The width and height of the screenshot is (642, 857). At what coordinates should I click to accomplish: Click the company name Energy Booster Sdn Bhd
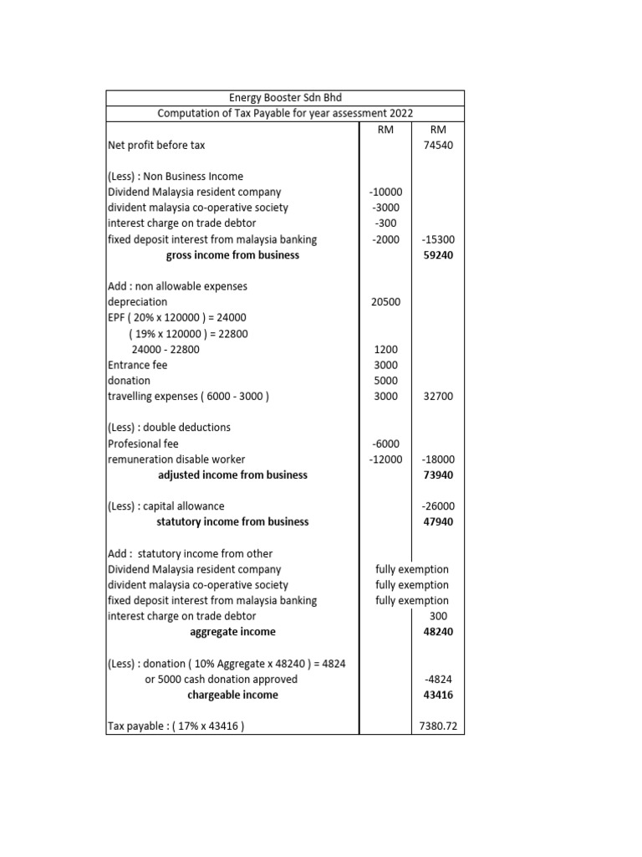pos(285,98)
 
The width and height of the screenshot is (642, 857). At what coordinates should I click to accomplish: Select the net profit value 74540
pos(438,145)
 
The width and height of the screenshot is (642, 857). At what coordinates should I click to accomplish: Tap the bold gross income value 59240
pos(438,255)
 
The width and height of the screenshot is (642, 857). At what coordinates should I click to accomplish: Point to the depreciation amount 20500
pos(385,301)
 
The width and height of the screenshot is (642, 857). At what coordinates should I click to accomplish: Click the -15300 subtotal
pos(438,239)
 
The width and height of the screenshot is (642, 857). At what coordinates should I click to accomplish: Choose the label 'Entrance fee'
pos(138,365)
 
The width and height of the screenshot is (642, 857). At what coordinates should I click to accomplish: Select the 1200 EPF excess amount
pos(385,349)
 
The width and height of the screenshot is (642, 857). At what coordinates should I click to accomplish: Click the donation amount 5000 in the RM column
pos(385,380)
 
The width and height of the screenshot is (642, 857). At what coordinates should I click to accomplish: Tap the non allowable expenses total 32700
pos(438,396)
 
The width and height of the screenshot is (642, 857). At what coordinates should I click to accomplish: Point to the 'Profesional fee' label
pos(143,444)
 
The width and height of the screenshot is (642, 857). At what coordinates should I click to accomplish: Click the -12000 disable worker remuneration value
pos(385,459)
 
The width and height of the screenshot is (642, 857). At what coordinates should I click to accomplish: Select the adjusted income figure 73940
pos(438,475)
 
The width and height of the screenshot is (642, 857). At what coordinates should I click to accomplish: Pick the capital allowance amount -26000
pos(438,506)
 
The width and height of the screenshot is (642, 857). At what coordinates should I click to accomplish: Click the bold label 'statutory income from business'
pos(232,521)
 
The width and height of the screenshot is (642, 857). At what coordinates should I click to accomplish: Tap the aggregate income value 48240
pos(438,632)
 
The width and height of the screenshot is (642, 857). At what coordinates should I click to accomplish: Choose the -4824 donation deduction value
pos(438,680)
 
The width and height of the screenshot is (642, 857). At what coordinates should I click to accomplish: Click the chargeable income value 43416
pos(438,695)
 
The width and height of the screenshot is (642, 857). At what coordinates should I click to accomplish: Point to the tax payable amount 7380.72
pos(438,726)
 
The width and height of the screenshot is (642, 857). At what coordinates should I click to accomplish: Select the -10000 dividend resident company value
pos(385,192)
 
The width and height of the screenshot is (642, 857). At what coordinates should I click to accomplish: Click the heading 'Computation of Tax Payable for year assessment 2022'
pos(285,114)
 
